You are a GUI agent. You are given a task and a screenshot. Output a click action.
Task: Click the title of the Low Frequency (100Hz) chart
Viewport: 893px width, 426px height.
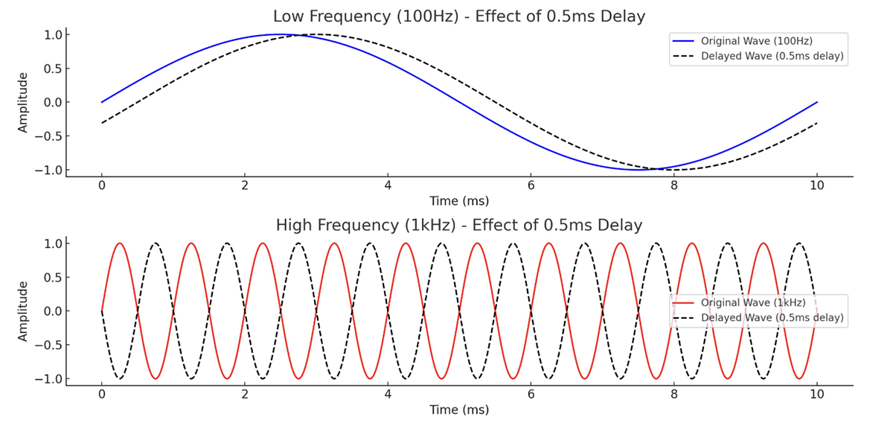(x=459, y=16)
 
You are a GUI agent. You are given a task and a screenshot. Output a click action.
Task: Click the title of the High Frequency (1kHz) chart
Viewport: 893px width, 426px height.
(x=459, y=225)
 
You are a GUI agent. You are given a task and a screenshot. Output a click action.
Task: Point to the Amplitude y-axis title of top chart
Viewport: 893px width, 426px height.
(x=23, y=102)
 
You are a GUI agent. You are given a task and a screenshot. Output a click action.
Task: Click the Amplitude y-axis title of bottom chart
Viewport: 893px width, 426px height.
(x=23, y=311)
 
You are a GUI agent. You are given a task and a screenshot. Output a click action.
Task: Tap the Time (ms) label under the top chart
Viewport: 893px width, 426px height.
(x=459, y=201)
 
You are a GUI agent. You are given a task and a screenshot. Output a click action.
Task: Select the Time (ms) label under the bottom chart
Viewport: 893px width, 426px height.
(x=459, y=410)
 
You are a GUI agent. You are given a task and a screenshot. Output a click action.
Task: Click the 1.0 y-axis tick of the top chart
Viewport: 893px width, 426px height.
(x=53, y=34)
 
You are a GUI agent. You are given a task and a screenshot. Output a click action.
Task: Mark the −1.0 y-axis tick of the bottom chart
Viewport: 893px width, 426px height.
(x=49, y=378)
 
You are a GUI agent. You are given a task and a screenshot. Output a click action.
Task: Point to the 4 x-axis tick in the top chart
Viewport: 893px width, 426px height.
(x=388, y=186)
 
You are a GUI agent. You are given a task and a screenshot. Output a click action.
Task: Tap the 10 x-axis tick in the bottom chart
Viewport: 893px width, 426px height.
(x=817, y=395)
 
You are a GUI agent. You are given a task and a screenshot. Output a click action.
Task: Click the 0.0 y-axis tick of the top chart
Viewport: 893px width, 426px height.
(x=53, y=102)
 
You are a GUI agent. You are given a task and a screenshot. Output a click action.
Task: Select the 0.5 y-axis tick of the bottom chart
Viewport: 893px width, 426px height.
(x=53, y=277)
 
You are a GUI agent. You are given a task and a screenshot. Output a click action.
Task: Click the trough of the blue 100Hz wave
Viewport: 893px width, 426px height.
(x=638, y=170)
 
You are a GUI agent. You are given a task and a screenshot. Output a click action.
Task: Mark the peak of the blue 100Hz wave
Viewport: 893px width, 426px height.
(x=281, y=34)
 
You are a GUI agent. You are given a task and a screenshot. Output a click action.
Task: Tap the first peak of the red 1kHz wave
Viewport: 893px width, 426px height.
(x=120, y=244)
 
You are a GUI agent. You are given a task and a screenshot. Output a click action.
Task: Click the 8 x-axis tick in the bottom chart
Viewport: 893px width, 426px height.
(x=674, y=395)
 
